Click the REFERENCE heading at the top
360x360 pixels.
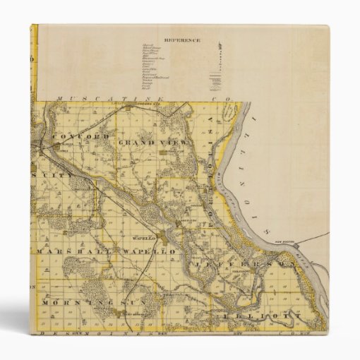[x=182, y=40]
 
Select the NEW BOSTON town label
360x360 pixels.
[x=300, y=239]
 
